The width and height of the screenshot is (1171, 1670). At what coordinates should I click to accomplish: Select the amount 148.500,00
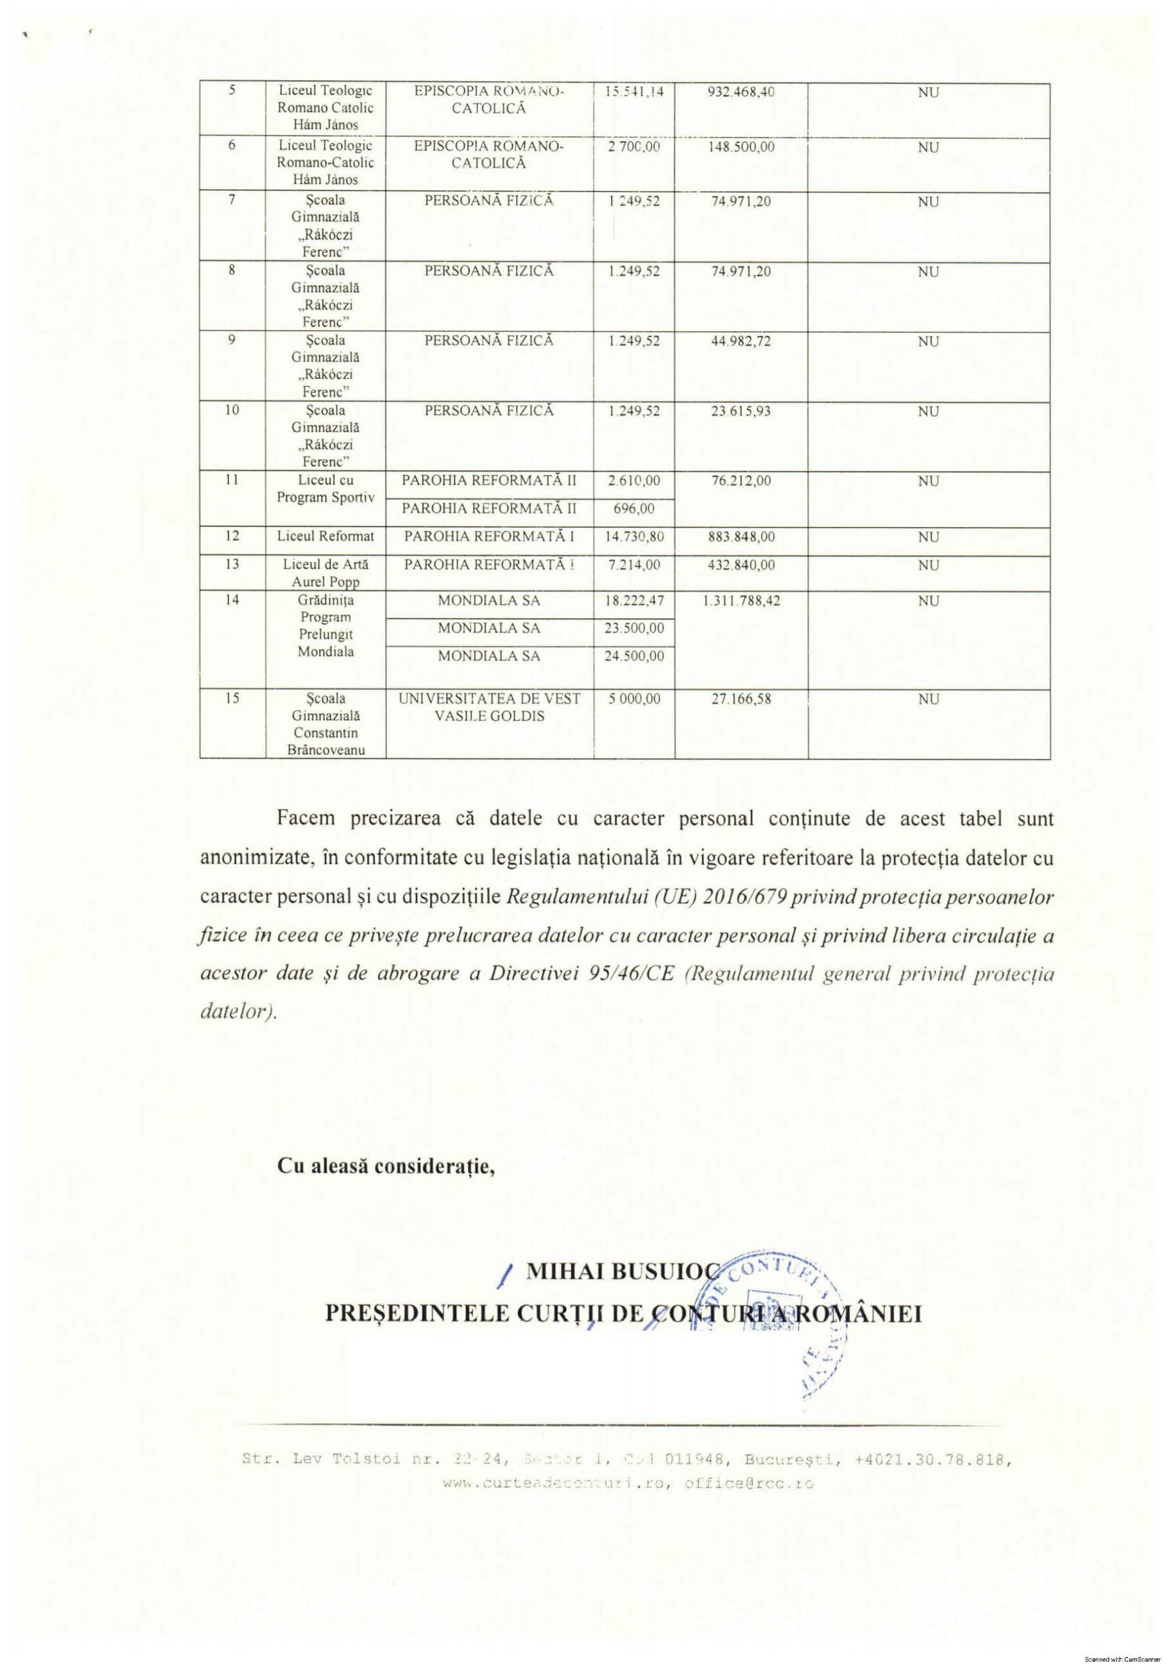click(x=740, y=147)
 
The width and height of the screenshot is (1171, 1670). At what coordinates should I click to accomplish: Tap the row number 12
click(x=232, y=536)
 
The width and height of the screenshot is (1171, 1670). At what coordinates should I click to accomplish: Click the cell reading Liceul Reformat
click(x=325, y=536)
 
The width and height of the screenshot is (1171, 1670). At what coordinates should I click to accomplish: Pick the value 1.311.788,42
click(x=741, y=601)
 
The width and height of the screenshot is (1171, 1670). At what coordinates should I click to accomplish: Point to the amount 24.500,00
click(x=633, y=656)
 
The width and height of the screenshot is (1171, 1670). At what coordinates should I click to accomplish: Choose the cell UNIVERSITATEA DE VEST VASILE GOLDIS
click(x=489, y=707)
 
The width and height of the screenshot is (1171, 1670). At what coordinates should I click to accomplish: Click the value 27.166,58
click(x=740, y=699)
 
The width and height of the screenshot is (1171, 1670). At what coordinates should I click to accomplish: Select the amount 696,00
click(x=633, y=509)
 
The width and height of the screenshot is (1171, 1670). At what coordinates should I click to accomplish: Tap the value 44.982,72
click(x=740, y=341)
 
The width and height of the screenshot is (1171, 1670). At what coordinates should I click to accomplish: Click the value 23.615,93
click(x=740, y=411)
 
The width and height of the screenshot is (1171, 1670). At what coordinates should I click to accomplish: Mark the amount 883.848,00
click(x=740, y=537)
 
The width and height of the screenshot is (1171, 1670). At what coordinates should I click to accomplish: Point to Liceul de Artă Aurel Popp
click(x=325, y=572)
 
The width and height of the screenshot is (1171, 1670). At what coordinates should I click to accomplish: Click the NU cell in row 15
click(x=928, y=699)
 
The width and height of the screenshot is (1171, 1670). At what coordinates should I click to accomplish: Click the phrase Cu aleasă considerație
click(x=386, y=1166)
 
